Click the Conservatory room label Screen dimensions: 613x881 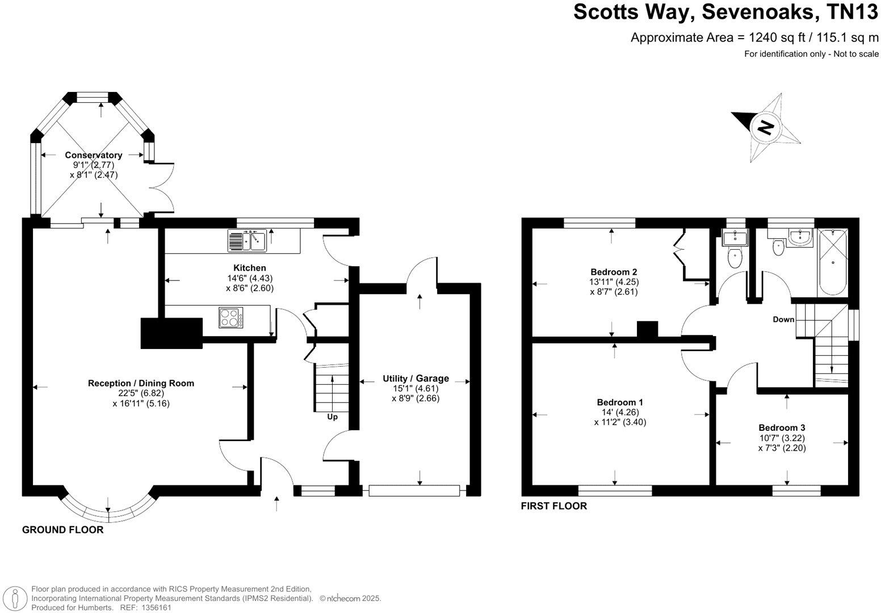tap(93, 155)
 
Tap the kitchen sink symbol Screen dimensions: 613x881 tap(247, 240)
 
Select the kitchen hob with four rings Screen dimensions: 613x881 tap(231, 317)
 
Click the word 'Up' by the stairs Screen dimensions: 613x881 tap(332, 417)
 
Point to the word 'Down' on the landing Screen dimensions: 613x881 tap(783, 320)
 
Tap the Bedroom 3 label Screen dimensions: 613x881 tap(782, 427)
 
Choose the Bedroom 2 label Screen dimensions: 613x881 tap(614, 271)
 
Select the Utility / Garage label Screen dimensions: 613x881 tap(416, 379)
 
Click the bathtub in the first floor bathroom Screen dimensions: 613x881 tap(832, 262)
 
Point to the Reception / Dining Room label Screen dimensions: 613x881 tap(141, 383)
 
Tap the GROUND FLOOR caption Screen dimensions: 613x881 tap(62, 530)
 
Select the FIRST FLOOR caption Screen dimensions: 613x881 tap(553, 506)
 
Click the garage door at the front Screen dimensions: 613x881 tap(414, 490)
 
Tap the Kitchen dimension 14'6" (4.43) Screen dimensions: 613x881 tap(250, 278)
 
